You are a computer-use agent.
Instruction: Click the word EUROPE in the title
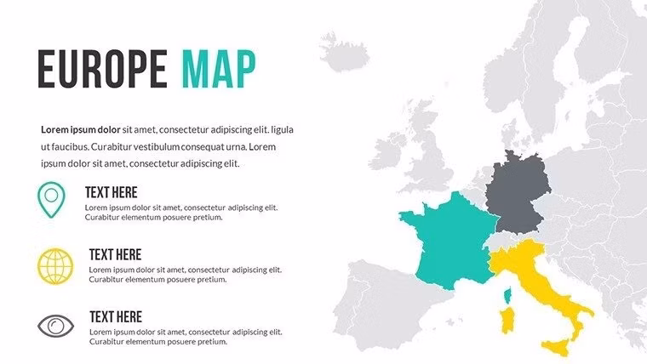[101, 69]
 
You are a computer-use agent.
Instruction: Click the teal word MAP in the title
[218, 69]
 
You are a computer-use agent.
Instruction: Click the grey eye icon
[55, 325]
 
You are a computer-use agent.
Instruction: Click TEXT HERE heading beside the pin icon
[112, 192]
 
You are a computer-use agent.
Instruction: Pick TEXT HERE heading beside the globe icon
[115, 254]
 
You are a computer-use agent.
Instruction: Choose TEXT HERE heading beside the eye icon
[115, 316]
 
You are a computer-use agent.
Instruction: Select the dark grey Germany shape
[516, 194]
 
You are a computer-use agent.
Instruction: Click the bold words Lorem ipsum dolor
[81, 130]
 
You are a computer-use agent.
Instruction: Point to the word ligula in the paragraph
[280, 130]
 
